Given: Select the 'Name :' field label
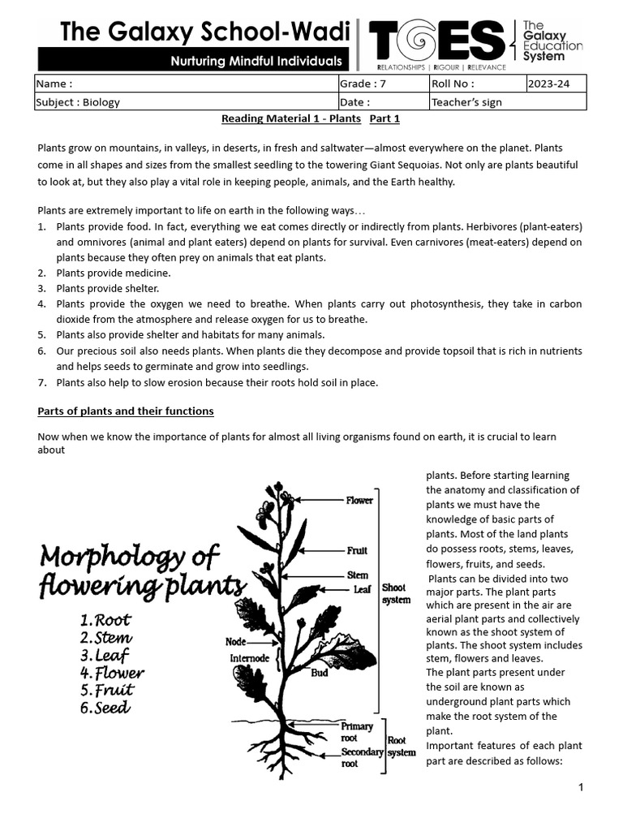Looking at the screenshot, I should pos(55,84).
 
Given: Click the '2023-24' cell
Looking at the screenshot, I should pos(548,84).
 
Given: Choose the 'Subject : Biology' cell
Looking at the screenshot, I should pos(78,102).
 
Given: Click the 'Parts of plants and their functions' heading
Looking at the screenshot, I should pos(126,411).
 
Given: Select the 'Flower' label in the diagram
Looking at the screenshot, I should pos(359,501).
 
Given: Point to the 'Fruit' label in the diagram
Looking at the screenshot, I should pos(357,550).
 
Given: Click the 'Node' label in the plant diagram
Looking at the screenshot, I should pos(235,642).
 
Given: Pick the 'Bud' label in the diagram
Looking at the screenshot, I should pos(320,673).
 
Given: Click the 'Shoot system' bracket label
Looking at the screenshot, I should pos(396,594).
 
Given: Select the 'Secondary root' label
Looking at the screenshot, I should pos(362,758).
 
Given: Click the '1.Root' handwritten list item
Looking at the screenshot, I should pos(106,621).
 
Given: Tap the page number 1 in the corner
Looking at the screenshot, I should pos(581,787).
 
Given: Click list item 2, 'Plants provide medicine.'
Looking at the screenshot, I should pos(113,273).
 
